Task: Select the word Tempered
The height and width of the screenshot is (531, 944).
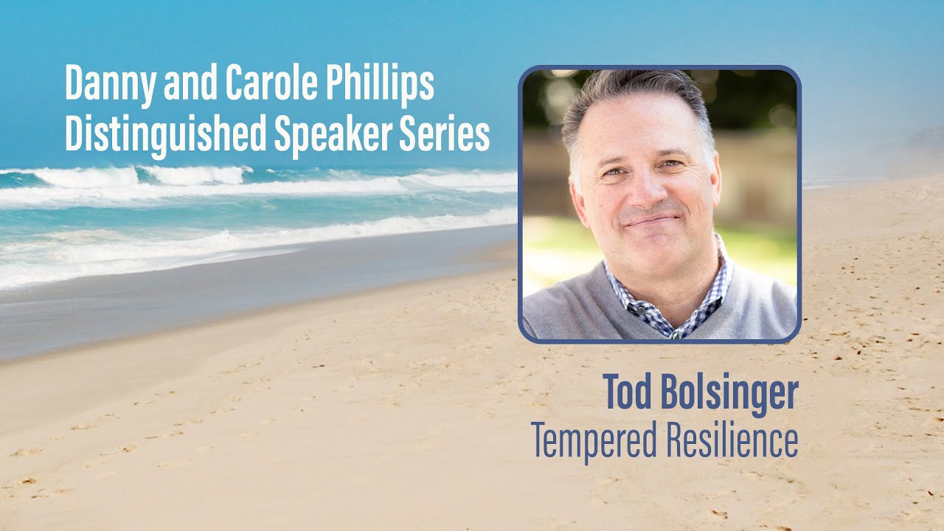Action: click(x=594, y=440)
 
